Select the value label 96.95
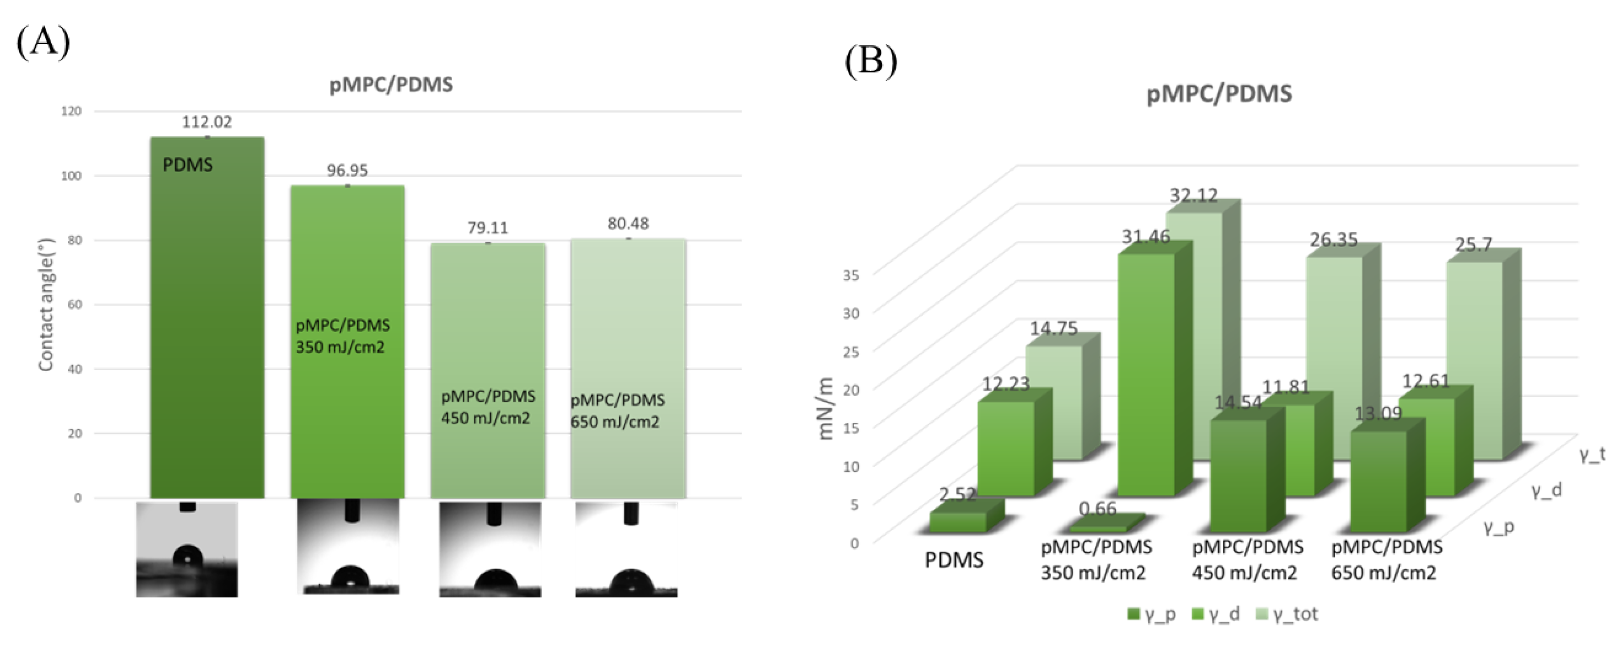click(x=347, y=171)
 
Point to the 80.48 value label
click(x=628, y=224)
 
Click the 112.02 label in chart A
click(x=207, y=122)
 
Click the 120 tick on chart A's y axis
click(x=71, y=111)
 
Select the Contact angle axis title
click(x=46, y=305)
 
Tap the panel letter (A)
click(x=43, y=43)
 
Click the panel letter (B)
click(x=871, y=62)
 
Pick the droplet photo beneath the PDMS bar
click(x=187, y=549)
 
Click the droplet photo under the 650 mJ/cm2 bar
click(x=626, y=549)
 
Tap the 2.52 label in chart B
click(x=957, y=494)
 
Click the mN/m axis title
click(x=825, y=409)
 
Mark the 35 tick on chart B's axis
click(x=851, y=274)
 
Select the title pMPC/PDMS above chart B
click(x=1219, y=94)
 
